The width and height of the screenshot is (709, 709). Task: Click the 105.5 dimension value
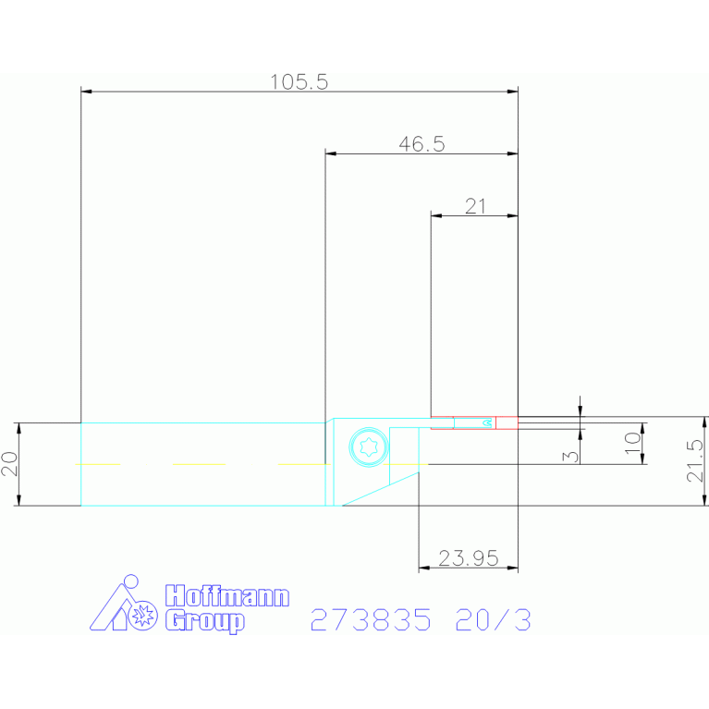[299, 82]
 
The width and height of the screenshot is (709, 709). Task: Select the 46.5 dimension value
[422, 144]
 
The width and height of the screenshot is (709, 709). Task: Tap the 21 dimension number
[475, 206]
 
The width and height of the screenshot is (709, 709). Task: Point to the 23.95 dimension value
[469, 558]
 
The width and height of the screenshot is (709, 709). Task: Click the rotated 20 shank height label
[10, 464]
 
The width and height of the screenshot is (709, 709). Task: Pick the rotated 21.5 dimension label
[695, 460]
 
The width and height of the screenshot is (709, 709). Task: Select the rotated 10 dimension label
[632, 443]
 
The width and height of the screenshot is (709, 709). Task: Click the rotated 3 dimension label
[570, 457]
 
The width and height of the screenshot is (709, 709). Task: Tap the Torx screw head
[369, 446]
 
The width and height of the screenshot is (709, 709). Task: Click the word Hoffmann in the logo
[227, 596]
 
